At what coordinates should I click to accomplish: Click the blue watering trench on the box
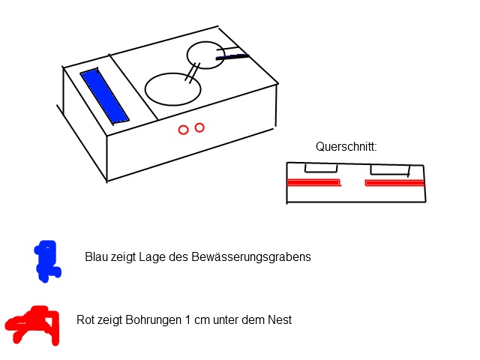(105, 95)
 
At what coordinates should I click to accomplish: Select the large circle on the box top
(172, 88)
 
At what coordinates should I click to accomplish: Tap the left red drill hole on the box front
(183, 130)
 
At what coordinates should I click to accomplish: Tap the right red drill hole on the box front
(199, 127)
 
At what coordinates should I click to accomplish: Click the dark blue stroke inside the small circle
(232, 56)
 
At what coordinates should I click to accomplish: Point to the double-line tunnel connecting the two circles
(193, 71)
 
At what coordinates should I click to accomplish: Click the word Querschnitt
(346, 147)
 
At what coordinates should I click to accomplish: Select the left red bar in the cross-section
(314, 182)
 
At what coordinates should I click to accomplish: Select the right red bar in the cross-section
(394, 182)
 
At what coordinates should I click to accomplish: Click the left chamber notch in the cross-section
(320, 169)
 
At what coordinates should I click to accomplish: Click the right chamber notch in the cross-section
(388, 169)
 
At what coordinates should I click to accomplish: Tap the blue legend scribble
(46, 260)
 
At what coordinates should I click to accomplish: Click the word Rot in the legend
(85, 319)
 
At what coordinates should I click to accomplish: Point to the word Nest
(279, 319)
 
